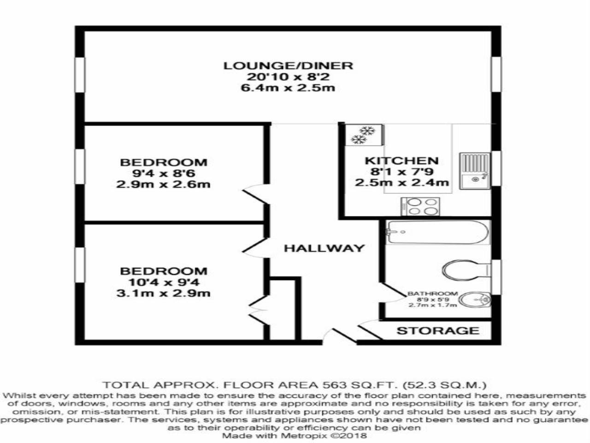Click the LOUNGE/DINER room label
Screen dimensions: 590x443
pos(288,66)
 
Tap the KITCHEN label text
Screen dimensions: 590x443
pos(401,161)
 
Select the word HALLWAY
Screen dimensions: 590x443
pos(324,248)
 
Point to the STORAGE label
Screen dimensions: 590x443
pos(438,330)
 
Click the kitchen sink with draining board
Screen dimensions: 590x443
pos(475,171)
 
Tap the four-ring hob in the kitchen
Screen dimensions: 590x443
pos(420,207)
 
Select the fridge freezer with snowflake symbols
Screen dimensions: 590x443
pos(365,135)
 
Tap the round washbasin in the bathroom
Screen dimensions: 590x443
pos(474,299)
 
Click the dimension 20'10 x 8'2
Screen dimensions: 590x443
pos(288,77)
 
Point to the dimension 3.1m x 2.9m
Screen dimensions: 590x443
pos(164,293)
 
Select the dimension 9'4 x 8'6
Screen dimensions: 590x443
pos(164,174)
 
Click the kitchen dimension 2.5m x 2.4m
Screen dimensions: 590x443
pos(401,183)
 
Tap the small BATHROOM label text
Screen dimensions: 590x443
pos(432,293)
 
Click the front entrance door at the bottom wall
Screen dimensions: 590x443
pos(340,336)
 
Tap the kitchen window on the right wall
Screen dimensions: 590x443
pos(496,168)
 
